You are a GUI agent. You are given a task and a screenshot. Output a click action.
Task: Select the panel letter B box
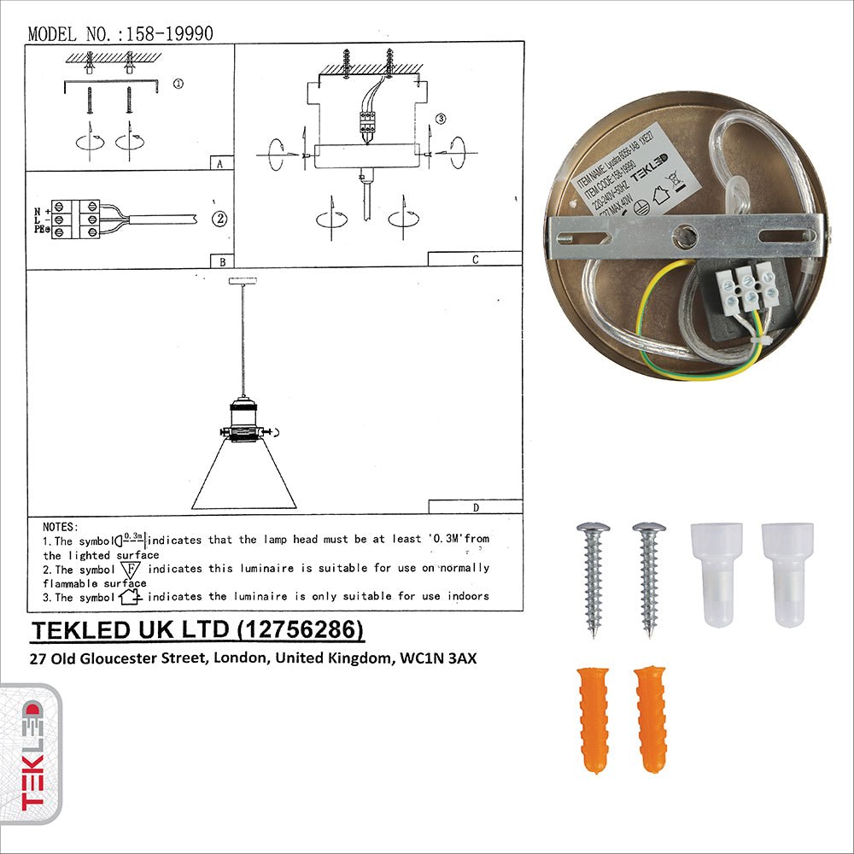(221, 260)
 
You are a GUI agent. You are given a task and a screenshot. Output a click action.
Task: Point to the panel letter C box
(474, 259)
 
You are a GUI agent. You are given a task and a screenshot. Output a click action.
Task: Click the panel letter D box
(475, 506)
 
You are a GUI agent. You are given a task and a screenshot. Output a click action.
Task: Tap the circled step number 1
(178, 84)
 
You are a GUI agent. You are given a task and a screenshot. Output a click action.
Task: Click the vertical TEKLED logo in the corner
(32, 756)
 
